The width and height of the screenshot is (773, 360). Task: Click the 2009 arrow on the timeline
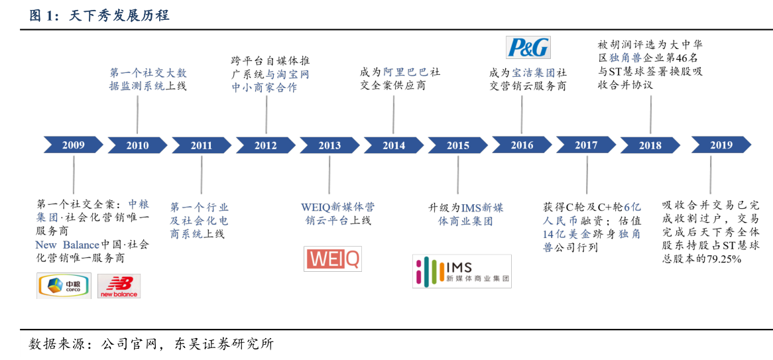pyautogui.click(x=74, y=145)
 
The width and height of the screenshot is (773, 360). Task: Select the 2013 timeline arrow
pyautogui.click(x=329, y=145)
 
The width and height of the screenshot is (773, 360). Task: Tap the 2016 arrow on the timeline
pyautogui.click(x=522, y=145)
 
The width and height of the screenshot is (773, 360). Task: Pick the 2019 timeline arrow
pyautogui.click(x=721, y=145)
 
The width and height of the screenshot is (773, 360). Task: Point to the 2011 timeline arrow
pyautogui.click(x=202, y=145)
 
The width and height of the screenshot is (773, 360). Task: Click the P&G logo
pyautogui.click(x=528, y=47)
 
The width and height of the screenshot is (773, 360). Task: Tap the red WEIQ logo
pyautogui.click(x=333, y=259)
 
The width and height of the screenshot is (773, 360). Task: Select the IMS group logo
pyautogui.click(x=461, y=271)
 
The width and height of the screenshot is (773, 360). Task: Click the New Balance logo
pyautogui.click(x=119, y=286)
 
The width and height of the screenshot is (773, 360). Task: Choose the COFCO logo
pyautogui.click(x=64, y=286)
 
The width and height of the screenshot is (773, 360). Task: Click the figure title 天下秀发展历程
pyautogui.click(x=119, y=15)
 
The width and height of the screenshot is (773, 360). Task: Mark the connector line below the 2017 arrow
pyautogui.click(x=587, y=174)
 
